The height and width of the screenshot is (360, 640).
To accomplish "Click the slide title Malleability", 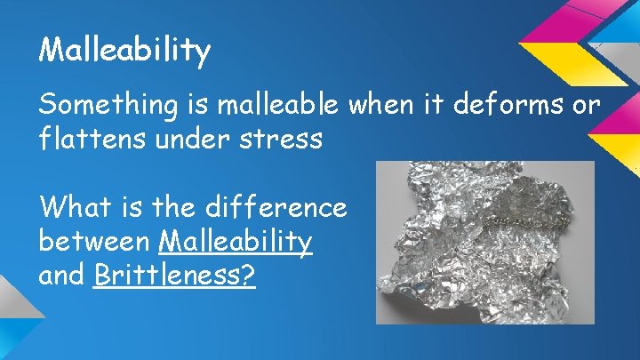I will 124,50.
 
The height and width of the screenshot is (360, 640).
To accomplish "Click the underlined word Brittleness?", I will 174,276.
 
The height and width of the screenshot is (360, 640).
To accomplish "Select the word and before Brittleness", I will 62,275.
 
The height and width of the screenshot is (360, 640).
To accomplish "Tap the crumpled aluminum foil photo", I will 484,242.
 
